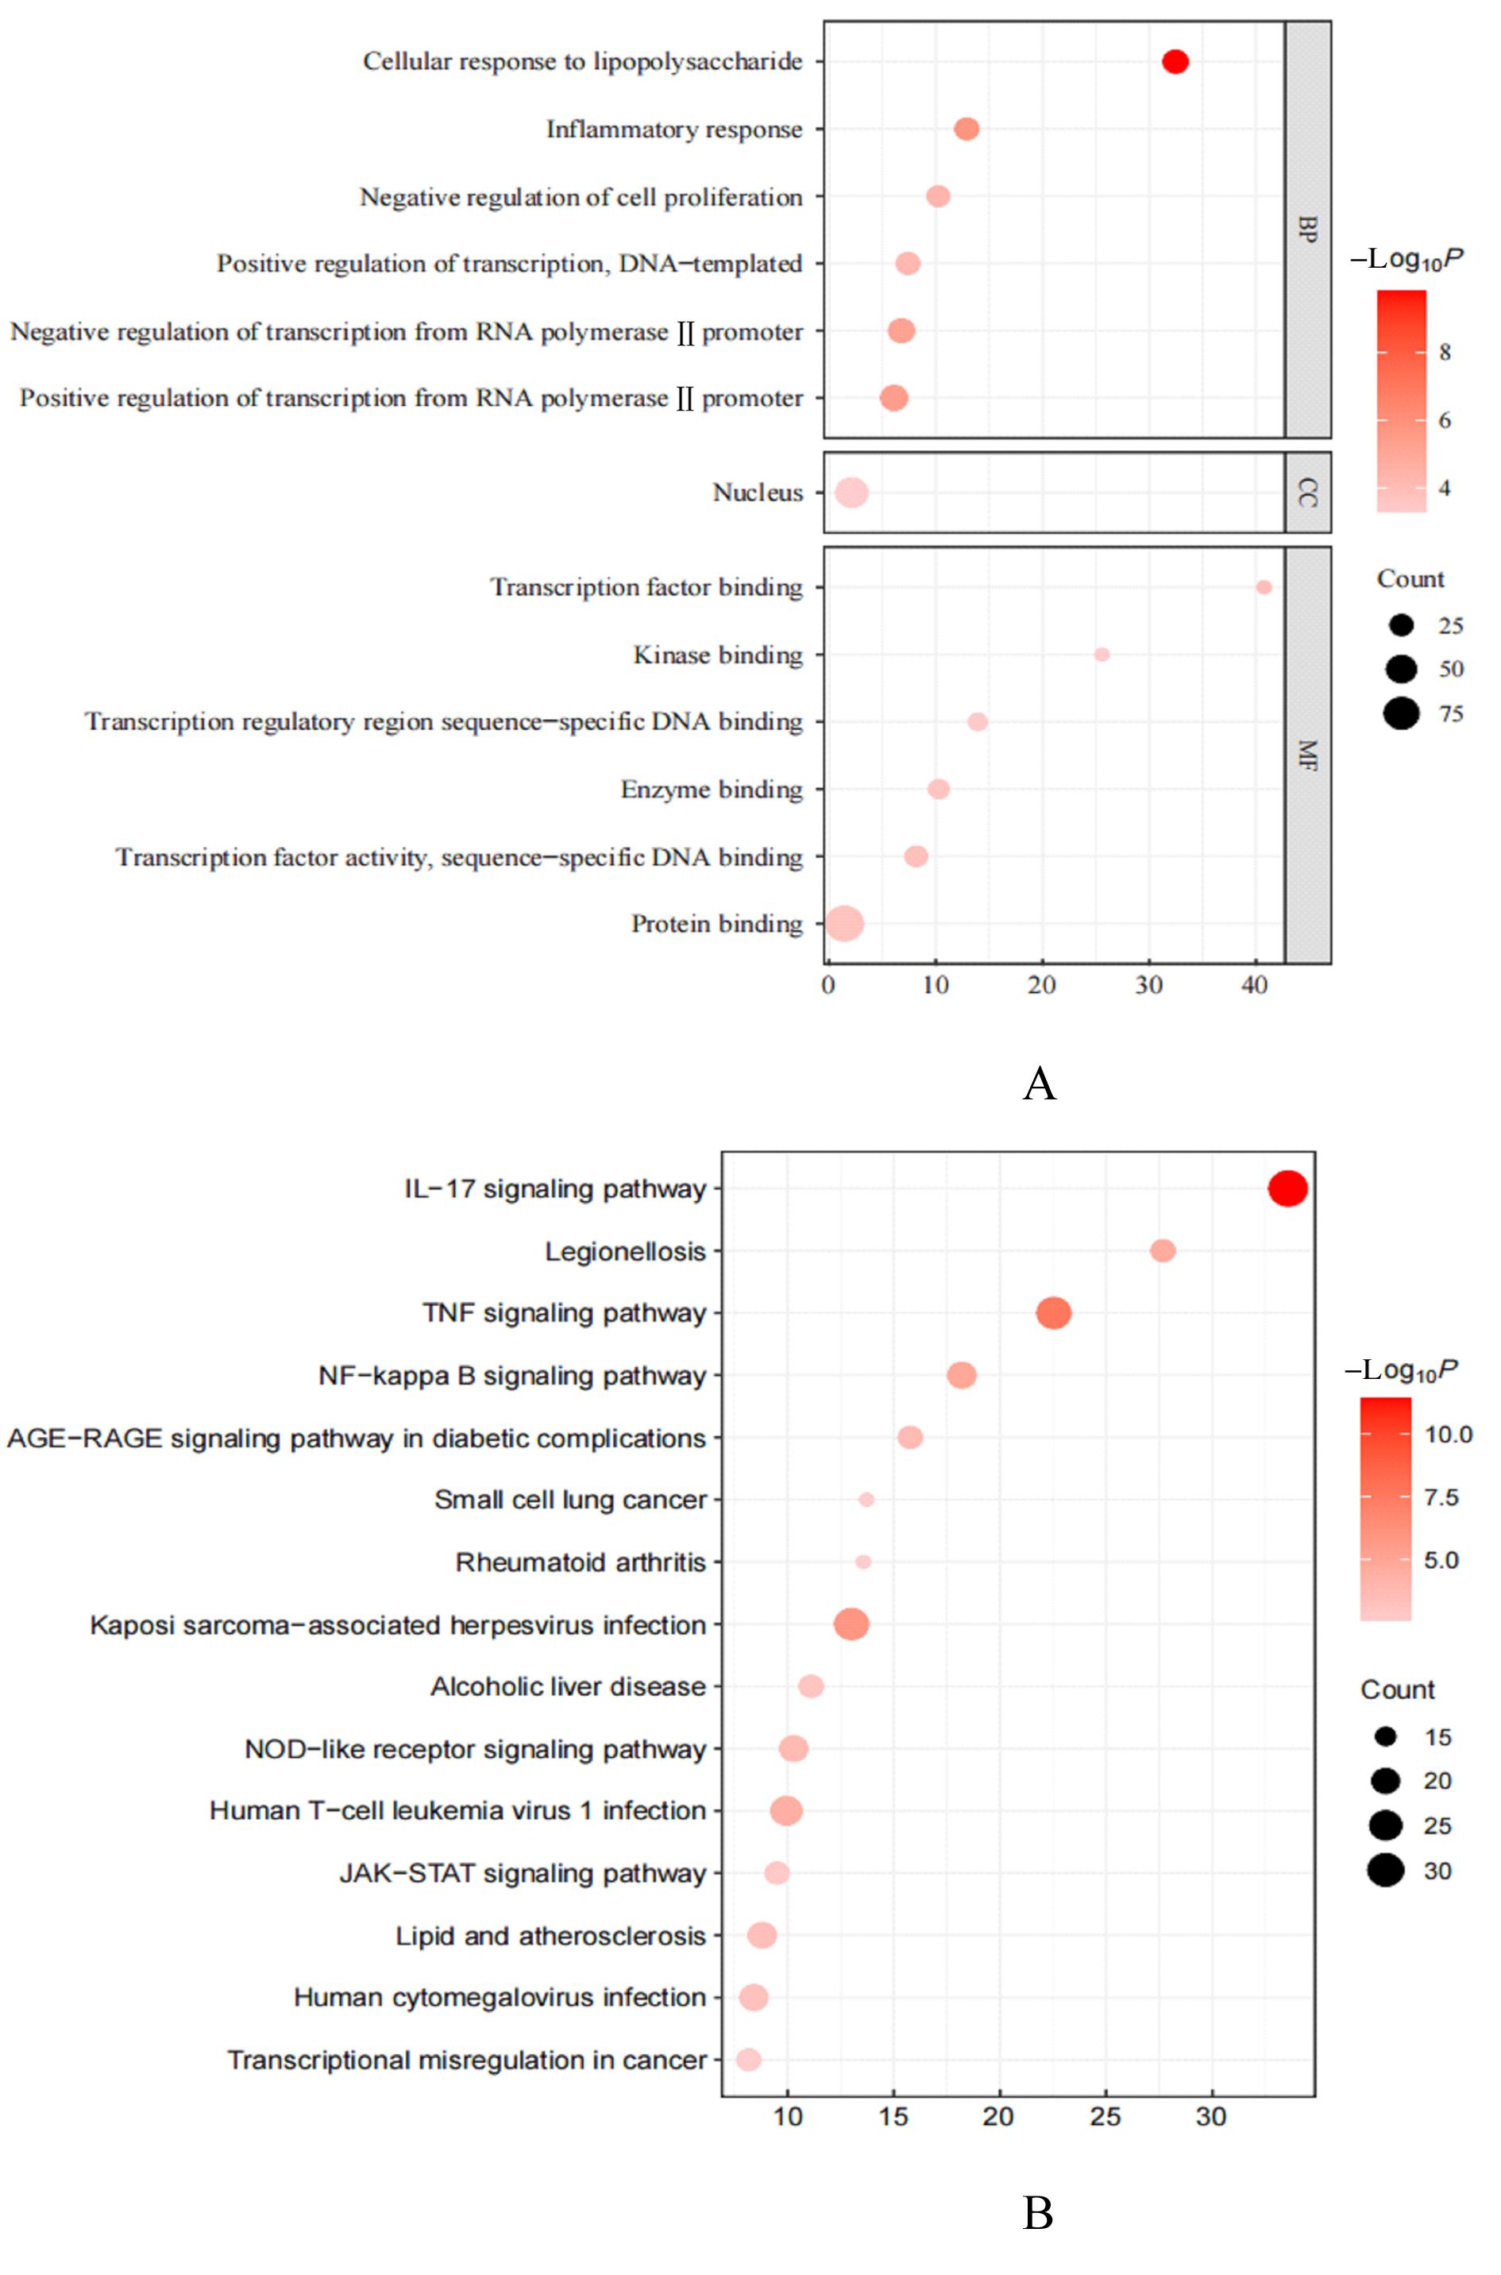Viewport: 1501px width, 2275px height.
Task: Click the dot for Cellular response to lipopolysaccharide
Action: point(1175,61)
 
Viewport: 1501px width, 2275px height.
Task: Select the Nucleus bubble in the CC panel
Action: point(851,492)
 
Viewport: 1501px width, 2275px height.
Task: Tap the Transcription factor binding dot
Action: point(1263,587)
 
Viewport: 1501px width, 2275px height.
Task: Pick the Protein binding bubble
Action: point(844,924)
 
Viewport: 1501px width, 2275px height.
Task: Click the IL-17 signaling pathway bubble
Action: point(1287,1188)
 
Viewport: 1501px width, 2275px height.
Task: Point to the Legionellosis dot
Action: point(1162,1250)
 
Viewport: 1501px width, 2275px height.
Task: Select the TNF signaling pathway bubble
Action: point(1053,1313)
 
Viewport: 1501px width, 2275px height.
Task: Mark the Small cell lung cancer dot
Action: point(866,1500)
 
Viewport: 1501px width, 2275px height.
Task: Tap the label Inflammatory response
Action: point(674,129)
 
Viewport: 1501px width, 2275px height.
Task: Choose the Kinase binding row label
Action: point(717,655)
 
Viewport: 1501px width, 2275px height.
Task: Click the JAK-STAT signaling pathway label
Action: point(523,1873)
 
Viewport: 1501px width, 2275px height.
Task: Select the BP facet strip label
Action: point(1308,229)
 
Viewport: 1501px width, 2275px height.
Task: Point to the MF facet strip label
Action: point(1308,755)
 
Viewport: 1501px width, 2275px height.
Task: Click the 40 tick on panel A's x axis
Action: point(1254,985)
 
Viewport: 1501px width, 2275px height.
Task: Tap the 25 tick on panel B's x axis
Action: point(1105,2116)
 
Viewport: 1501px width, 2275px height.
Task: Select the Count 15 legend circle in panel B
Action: point(1385,1736)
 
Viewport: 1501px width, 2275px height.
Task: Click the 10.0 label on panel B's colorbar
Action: point(1447,1435)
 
